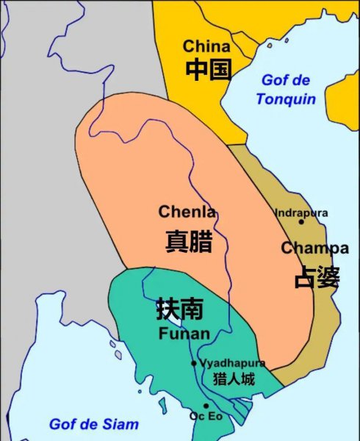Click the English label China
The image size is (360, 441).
(206, 46)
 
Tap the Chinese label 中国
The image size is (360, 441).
(208, 70)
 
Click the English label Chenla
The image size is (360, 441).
(187, 212)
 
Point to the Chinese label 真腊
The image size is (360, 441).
(189, 241)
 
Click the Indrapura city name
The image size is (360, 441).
(301, 212)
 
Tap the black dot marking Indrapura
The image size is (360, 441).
(301, 221)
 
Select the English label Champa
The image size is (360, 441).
(314, 248)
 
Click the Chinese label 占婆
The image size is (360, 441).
(317, 277)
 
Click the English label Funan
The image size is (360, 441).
(184, 334)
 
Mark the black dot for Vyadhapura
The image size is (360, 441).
(194, 363)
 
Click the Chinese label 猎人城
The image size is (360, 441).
(233, 379)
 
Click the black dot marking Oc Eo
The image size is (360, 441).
(206, 406)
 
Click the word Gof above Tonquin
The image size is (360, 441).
(273, 81)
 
